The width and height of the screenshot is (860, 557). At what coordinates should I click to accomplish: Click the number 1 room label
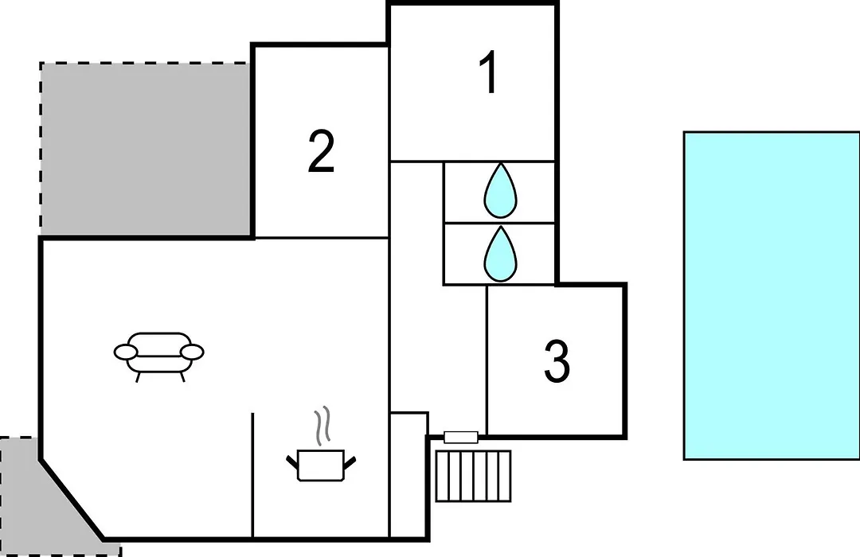[488, 72]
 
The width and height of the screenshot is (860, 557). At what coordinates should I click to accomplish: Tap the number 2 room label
[321, 151]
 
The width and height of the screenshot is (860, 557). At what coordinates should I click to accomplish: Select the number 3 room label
[557, 360]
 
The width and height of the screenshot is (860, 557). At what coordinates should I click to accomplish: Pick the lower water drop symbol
[500, 254]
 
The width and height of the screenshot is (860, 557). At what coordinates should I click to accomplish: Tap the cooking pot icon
[322, 465]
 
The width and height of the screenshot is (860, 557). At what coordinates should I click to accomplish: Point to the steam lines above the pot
[323, 424]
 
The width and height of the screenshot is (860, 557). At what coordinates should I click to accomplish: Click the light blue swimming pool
[772, 295]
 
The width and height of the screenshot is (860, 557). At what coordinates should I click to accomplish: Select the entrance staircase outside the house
[473, 476]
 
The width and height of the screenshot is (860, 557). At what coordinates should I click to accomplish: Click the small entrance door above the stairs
[461, 437]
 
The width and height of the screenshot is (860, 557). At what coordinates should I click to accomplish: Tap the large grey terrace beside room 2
[146, 149]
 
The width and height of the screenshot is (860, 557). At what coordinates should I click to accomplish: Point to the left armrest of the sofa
[126, 352]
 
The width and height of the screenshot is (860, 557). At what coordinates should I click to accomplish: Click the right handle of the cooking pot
[350, 464]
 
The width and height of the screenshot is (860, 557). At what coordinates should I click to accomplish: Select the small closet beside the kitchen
[408, 475]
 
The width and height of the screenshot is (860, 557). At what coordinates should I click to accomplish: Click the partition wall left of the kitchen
[252, 475]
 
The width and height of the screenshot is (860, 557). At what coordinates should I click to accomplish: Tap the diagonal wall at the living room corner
[72, 500]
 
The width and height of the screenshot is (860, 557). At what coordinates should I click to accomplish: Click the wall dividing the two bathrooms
[499, 223]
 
